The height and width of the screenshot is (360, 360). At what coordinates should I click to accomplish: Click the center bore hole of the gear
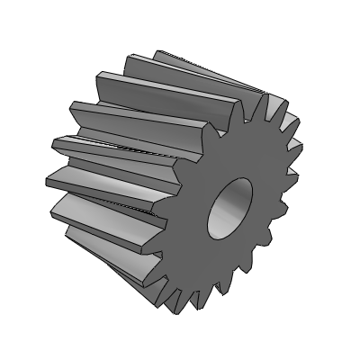pyautogui.click(x=231, y=206)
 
